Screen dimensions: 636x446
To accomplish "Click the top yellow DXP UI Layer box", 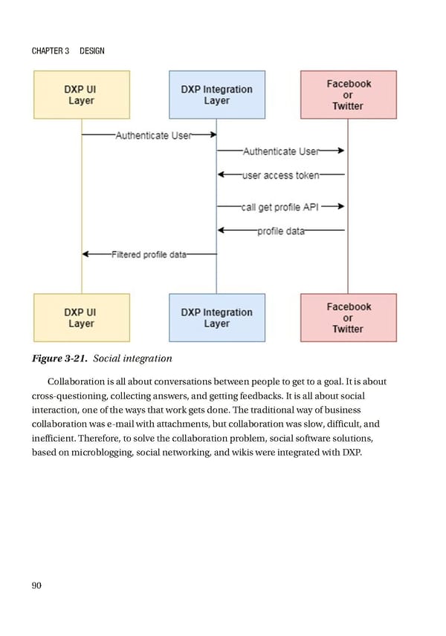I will tap(82, 94).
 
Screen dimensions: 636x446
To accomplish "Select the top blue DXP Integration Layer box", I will tap(216, 94).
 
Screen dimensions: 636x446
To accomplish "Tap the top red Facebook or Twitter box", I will tap(348, 94).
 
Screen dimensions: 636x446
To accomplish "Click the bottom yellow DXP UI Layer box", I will tap(82, 318).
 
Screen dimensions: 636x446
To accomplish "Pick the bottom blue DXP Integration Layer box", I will tap(216, 318).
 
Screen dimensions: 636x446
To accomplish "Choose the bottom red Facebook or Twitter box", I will tap(348, 318).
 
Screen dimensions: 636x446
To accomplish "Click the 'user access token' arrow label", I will tap(281, 176).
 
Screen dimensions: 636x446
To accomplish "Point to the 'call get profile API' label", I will tap(279, 207).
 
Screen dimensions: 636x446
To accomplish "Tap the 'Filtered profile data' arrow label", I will tap(149, 255).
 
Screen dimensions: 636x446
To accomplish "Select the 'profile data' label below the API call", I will tap(281, 231).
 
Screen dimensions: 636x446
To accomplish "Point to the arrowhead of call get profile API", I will tap(340, 207).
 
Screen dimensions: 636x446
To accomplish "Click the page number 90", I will tap(36, 586).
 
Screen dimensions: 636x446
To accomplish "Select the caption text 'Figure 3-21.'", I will tap(60, 359).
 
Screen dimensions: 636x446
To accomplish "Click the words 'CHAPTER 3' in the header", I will tap(51, 50).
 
